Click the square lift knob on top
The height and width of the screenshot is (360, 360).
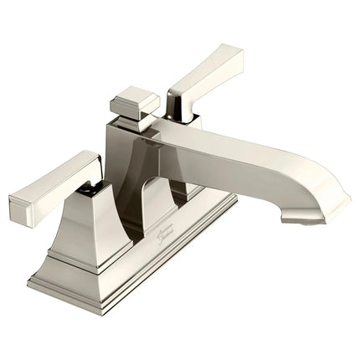tap(134, 101)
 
